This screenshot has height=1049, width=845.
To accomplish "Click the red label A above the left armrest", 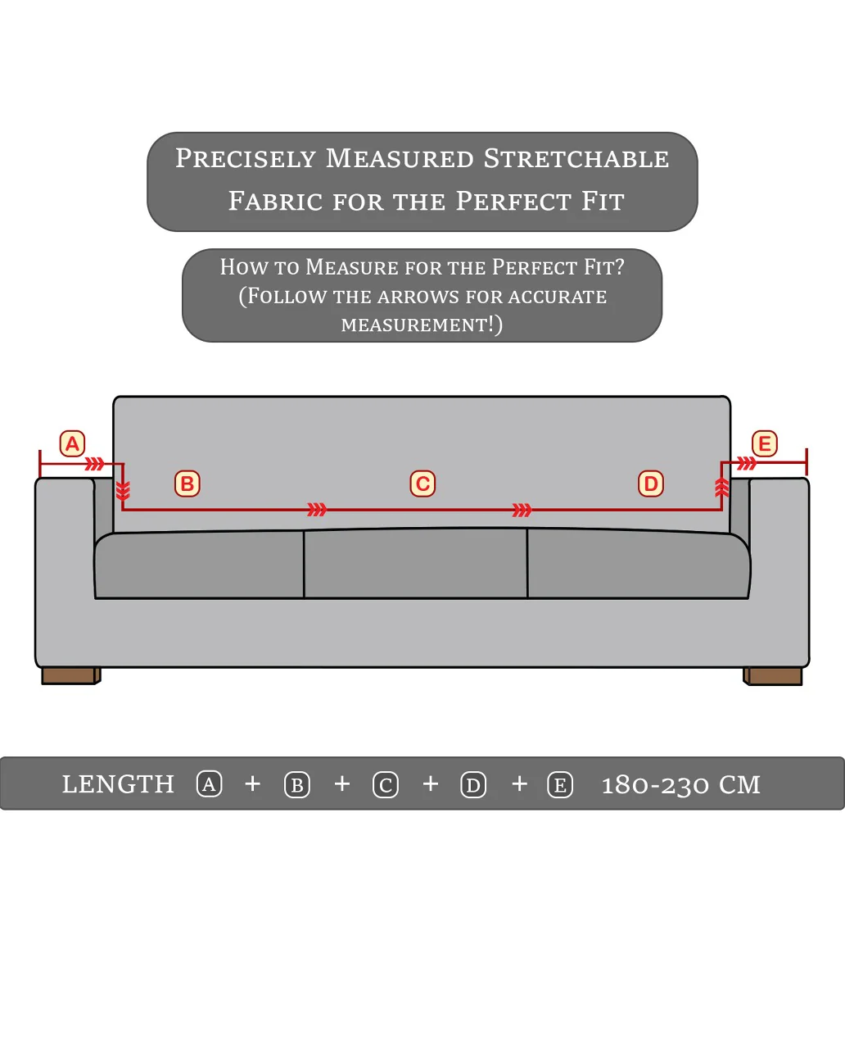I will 72,444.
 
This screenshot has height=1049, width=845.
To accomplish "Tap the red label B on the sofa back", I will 188,484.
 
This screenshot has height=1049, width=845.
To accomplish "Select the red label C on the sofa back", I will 422,484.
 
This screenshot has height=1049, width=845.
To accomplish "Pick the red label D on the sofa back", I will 651,484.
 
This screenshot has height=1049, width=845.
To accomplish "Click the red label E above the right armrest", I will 765,444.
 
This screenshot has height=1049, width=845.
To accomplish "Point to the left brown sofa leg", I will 70,675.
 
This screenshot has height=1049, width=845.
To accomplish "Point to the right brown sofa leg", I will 773,675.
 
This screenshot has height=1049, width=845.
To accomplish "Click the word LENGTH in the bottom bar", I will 118,784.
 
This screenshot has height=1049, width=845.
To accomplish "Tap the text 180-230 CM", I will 680,785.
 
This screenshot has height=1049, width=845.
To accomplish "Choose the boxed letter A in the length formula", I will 210,784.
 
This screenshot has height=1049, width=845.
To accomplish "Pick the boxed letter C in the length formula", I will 386,785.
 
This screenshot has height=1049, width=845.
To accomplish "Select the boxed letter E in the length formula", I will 560,785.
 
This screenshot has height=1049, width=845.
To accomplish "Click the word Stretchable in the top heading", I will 576,159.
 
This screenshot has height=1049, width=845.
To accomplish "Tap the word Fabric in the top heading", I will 275,202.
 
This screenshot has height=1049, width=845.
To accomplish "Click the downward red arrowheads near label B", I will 123,491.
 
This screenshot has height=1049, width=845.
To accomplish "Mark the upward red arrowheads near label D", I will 721,488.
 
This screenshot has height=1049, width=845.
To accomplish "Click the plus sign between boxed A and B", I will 253,784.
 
